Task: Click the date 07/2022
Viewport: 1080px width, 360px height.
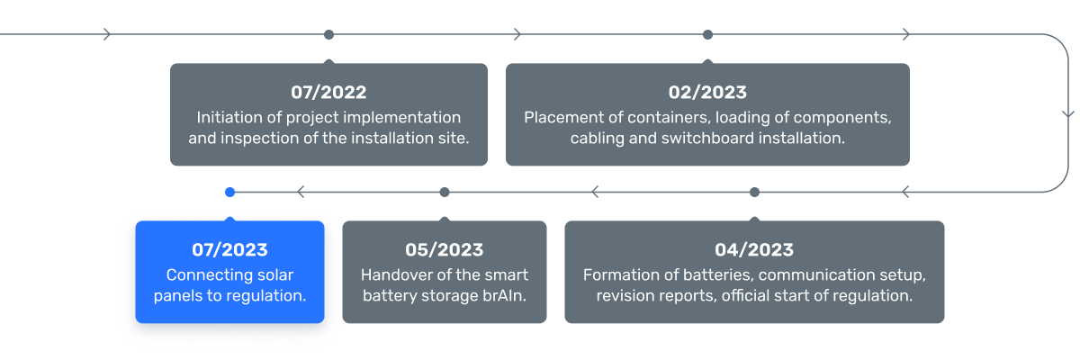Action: point(328,92)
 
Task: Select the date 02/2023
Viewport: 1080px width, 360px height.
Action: point(707,92)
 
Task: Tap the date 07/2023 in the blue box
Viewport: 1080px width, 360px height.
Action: point(229,249)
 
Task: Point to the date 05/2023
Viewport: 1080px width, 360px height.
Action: point(445,249)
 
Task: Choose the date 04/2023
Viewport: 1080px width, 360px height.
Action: point(754,249)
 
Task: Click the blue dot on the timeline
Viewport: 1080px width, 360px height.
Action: point(229,192)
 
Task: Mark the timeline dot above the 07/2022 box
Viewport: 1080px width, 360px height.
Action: point(328,34)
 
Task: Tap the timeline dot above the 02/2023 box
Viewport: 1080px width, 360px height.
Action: point(707,34)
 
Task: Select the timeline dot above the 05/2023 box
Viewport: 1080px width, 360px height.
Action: point(445,192)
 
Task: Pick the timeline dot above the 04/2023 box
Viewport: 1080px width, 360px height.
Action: point(754,192)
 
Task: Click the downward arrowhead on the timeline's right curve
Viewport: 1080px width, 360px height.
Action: point(1067,114)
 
